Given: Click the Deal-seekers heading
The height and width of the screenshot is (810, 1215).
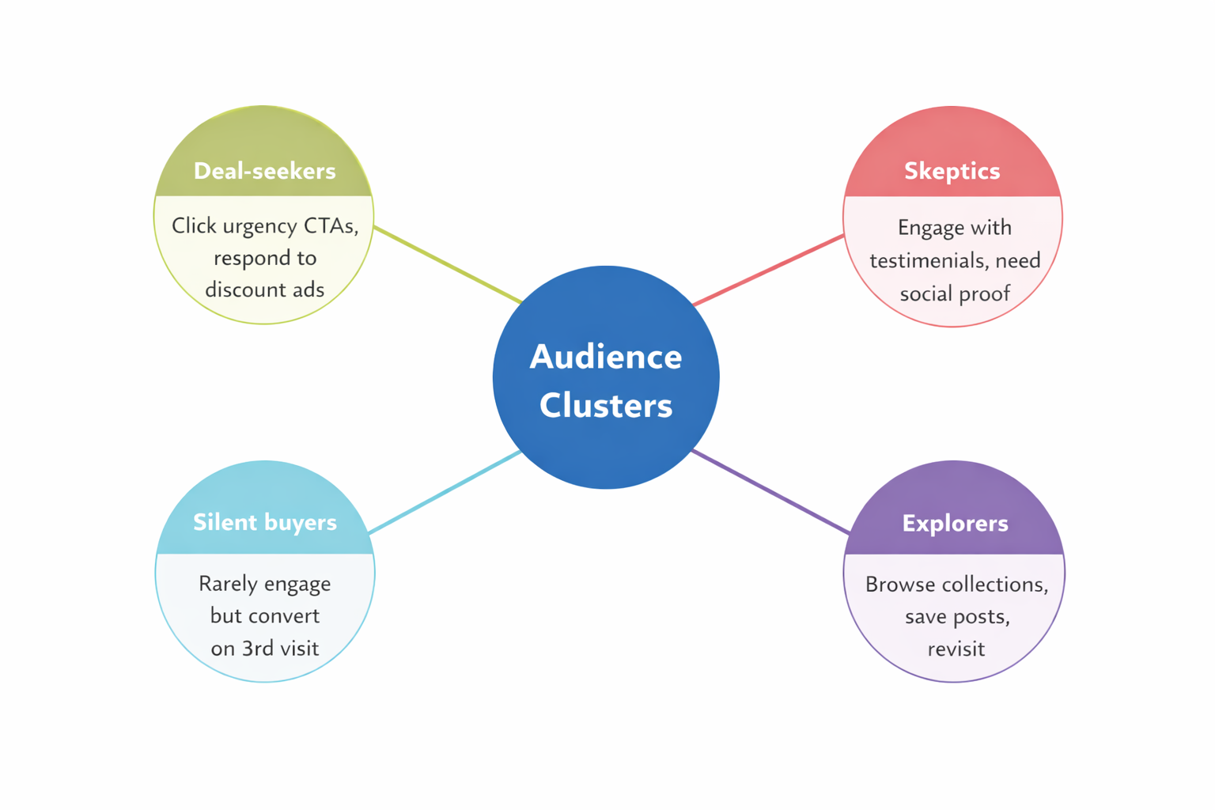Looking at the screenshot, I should tap(264, 171).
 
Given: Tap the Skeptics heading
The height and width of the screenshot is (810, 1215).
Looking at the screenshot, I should tap(952, 171).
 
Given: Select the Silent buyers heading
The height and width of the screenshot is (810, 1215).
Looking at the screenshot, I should tap(264, 522).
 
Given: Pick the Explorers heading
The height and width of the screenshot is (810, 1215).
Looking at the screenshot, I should tap(955, 523).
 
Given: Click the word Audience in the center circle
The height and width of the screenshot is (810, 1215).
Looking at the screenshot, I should tap(605, 357).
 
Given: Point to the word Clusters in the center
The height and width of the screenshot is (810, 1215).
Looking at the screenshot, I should tap(605, 406).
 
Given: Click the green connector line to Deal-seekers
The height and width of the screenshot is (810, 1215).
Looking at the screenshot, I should tap(447, 264).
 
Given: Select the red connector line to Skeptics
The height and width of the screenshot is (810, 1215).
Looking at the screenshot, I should tap(767, 270).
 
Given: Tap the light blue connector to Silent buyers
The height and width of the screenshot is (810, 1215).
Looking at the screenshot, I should tap(445, 492).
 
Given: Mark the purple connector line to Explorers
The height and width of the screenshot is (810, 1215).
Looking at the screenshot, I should tap(770, 491).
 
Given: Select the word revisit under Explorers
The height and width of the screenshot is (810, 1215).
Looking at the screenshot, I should tap(956, 649).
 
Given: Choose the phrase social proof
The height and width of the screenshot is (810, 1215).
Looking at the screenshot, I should tap(955, 294).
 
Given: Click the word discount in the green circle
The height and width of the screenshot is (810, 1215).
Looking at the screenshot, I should tap(240, 290).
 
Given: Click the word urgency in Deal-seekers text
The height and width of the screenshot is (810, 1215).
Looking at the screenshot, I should tap(258, 226).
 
